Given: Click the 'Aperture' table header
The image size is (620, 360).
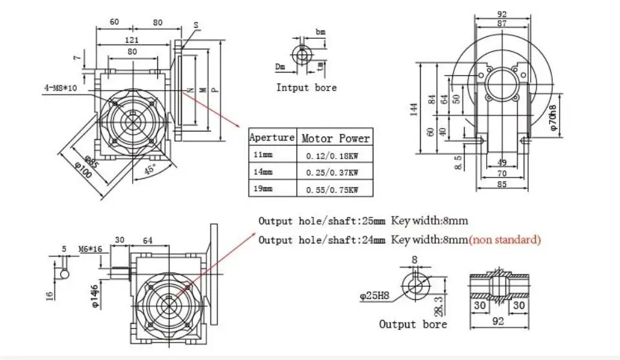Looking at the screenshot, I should (x=272, y=138).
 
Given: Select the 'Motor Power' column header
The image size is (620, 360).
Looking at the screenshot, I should (x=335, y=138).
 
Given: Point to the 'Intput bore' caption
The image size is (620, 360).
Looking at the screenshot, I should (x=306, y=87).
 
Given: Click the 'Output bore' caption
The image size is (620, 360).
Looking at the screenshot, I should (x=412, y=324).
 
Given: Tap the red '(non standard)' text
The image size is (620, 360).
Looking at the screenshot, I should (x=505, y=240).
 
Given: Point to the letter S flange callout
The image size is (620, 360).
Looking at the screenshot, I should (x=195, y=25).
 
